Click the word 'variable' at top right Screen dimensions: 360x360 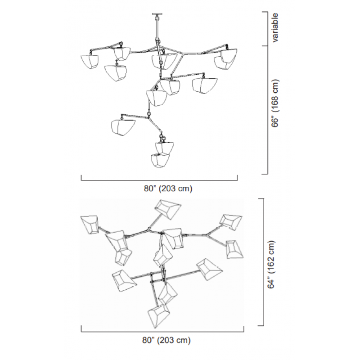tap(275, 28)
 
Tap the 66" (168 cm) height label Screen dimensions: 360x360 tap(275, 103)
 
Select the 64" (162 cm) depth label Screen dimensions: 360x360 tap(271, 265)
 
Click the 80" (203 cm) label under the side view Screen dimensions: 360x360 tap(168, 189)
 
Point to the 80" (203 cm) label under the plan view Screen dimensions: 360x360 tap(166, 340)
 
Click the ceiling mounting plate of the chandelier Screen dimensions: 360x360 tap(157, 14)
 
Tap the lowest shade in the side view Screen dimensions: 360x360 tap(160, 161)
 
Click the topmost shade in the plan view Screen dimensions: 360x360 tap(167, 209)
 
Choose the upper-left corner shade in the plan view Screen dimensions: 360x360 tap(90, 225)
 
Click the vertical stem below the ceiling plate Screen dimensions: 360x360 tap(157, 27)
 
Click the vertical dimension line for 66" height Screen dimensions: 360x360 tap(267, 110)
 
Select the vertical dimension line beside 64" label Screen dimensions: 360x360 tap(263, 262)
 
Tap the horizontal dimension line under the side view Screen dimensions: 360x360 tap(159, 180)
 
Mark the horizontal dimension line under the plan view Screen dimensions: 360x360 tap(162, 332)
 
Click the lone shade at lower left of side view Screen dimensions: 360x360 tap(123, 127)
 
